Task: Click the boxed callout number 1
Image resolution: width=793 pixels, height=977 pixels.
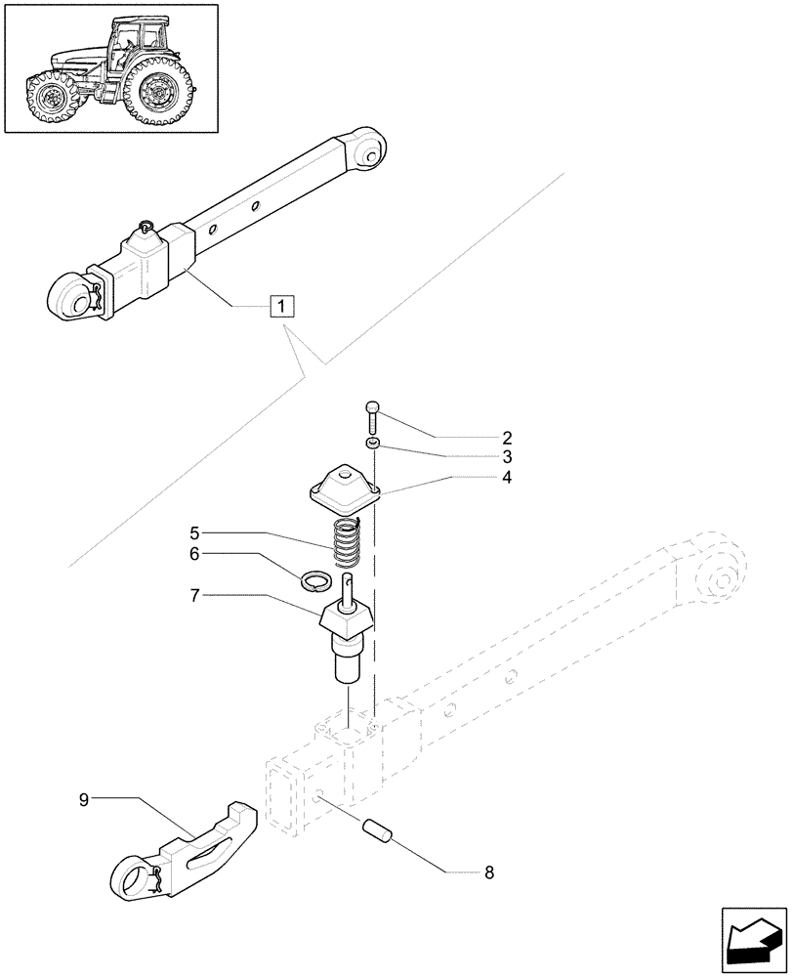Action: [280, 307]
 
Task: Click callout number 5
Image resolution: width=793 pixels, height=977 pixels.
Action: [194, 533]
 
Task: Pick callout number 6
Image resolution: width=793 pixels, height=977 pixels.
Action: [194, 553]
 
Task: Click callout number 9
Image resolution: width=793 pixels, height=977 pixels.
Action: [84, 799]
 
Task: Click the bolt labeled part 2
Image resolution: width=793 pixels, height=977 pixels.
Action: [372, 418]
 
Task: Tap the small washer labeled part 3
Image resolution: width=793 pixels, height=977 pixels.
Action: [373, 445]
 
